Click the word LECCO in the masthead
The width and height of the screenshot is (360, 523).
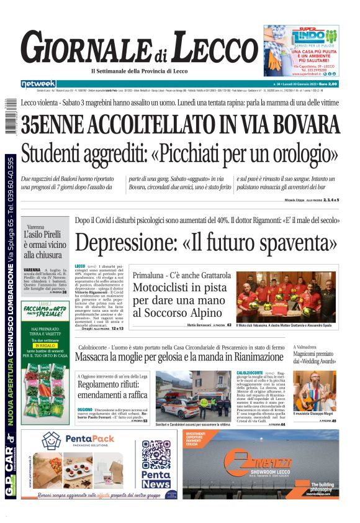pyautogui.click(x=210, y=48)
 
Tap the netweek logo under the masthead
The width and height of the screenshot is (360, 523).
pyautogui.click(x=38, y=84)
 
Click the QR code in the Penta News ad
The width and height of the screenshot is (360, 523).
pyautogui.click(x=155, y=455)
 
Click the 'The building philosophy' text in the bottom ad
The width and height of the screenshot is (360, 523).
pyautogui.click(x=322, y=486)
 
